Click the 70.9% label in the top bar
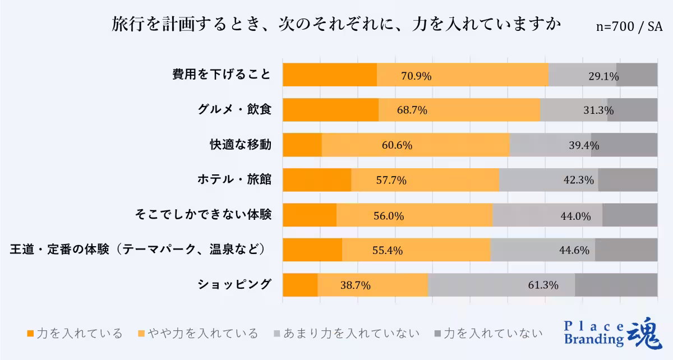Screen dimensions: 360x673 [416, 76]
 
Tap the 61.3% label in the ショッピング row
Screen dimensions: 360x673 [543, 285]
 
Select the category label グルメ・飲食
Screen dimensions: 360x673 [235, 110]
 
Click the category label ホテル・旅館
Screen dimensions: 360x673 [234, 180]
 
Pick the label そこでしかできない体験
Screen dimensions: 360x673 [204, 215]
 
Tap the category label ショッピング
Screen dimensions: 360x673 [234, 284]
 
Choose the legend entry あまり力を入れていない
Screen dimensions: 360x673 [347, 334]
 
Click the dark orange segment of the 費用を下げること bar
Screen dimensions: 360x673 [329, 75]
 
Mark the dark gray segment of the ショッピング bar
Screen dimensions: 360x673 [616, 285]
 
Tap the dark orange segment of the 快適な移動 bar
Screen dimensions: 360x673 [302, 145]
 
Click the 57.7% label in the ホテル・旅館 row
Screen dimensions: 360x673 [391, 181]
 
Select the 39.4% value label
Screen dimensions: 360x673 [584, 145]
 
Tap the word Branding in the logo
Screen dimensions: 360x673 [593, 339]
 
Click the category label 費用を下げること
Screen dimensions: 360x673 [222, 75]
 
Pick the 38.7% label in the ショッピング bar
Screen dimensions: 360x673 [355, 285]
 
